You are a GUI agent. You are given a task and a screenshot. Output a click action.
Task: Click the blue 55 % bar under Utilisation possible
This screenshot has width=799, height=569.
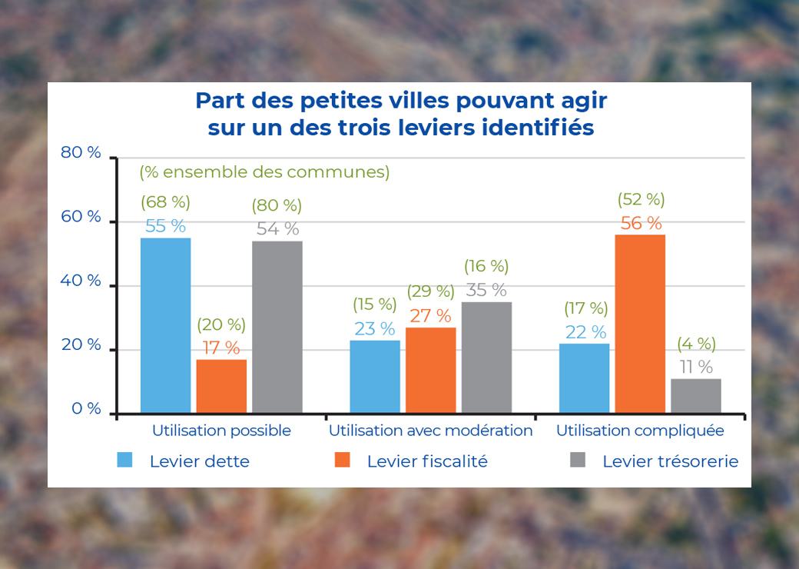pos(165,325)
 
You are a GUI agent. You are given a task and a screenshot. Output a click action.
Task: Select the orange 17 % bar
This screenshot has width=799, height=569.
pos(221,386)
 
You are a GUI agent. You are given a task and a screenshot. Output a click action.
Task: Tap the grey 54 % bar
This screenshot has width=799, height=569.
pos(277,327)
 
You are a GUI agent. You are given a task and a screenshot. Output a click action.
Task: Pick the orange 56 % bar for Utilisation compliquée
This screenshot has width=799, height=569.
pos(640,324)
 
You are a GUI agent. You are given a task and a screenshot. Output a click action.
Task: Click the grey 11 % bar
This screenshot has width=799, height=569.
pos(696,395)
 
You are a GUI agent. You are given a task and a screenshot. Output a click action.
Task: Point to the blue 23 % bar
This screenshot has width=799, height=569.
pos(375,377)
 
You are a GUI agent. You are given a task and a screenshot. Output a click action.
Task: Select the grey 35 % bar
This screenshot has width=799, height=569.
pos(486,358)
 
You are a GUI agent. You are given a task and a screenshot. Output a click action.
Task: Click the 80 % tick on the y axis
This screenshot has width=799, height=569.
pos(81,152)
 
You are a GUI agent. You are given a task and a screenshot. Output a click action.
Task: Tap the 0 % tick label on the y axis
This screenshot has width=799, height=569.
pos(86,408)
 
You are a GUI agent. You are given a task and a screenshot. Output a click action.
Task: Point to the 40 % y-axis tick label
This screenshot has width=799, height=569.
pos(81,281)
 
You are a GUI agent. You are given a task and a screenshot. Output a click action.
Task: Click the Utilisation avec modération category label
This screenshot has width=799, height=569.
pos(430,431)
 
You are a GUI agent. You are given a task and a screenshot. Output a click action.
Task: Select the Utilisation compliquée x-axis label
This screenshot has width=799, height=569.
pos(640,431)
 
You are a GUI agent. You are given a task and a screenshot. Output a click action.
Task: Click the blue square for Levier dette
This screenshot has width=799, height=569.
pos(124,460)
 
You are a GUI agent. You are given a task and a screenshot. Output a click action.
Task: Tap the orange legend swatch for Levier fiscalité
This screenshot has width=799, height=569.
pos(342,460)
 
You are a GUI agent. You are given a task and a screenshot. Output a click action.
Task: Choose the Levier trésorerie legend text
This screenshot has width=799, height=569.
pos(670,461)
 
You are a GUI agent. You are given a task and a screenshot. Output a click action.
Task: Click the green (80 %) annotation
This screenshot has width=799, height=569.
pos(277,205)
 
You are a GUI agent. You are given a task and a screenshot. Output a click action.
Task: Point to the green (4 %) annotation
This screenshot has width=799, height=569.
pos(696,344)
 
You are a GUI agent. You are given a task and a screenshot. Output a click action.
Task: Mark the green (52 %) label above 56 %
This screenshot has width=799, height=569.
pos(641,199)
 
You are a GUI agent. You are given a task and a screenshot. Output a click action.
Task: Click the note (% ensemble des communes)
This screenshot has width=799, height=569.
pos(264,172)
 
